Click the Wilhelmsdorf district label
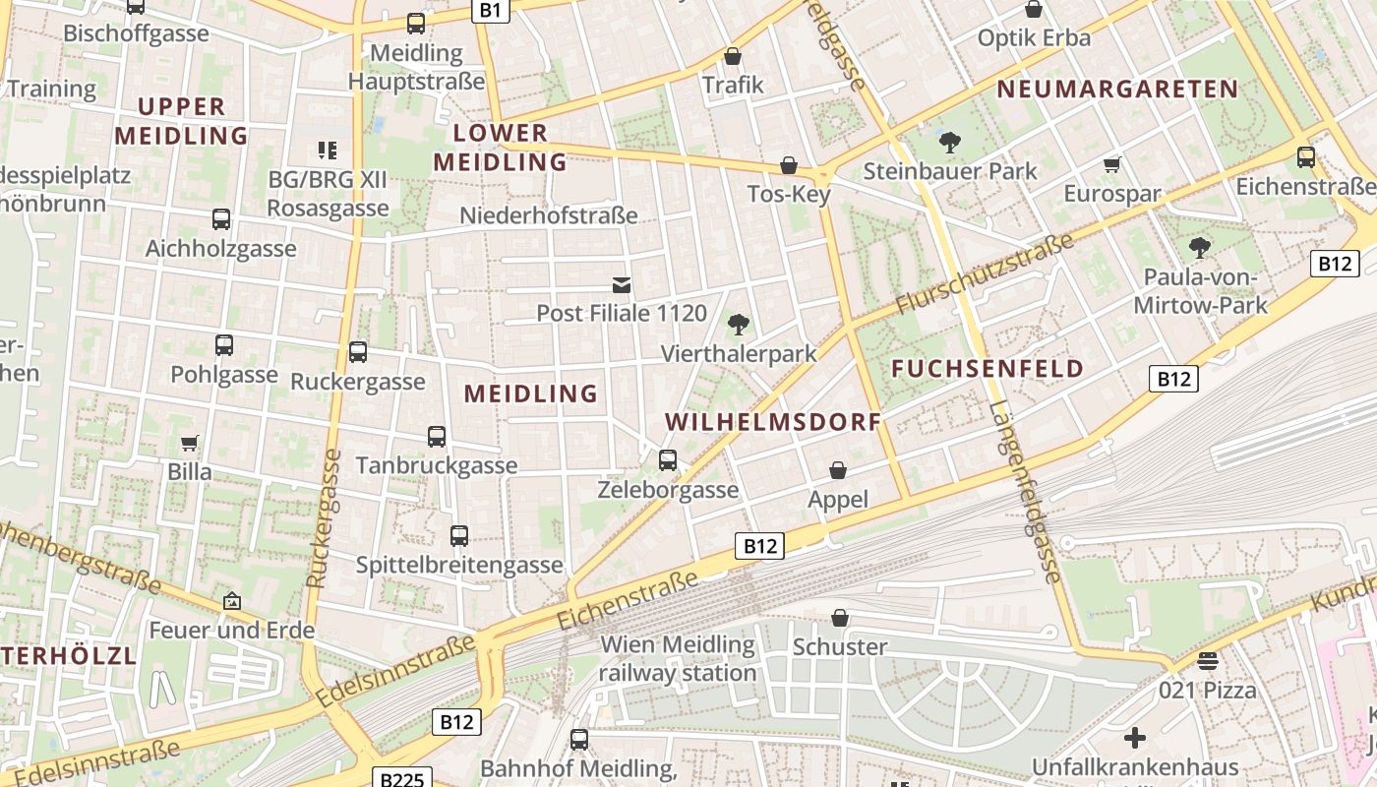pyautogui.click(x=772, y=422)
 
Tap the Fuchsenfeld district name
pyautogui.click(x=988, y=369)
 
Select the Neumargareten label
pyautogui.click(x=1117, y=90)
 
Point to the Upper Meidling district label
pyautogui.click(x=181, y=121)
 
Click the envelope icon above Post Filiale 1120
pyautogui.click(x=622, y=285)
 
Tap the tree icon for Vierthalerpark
pyautogui.click(x=738, y=325)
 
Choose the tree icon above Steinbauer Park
pyautogui.click(x=949, y=143)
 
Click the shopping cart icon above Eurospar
pyautogui.click(x=1112, y=164)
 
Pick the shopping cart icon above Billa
pyautogui.click(x=189, y=443)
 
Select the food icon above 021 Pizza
pyautogui.click(x=1208, y=660)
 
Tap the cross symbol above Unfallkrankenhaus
pyautogui.click(x=1135, y=737)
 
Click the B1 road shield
pyautogui.click(x=491, y=11)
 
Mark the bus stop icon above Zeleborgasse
pyautogui.click(x=668, y=459)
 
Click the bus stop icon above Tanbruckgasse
pyautogui.click(x=436, y=436)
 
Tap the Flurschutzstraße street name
pyautogui.click(x=984, y=276)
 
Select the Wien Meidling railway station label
pyautogui.click(x=678, y=659)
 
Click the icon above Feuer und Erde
pyautogui.click(x=232, y=600)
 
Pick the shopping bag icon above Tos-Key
pyautogui.click(x=788, y=165)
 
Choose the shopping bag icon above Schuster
pyautogui.click(x=840, y=618)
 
